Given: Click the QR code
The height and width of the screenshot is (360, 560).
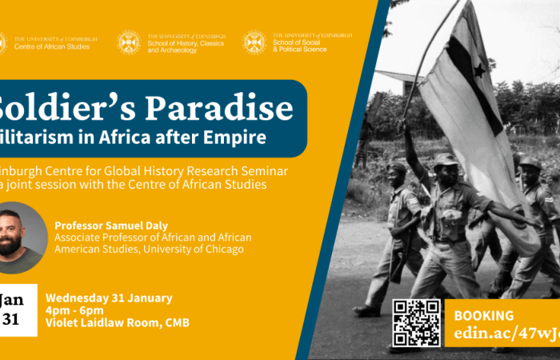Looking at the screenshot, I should point(416,323).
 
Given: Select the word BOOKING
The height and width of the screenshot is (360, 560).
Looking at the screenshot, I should point(484,315).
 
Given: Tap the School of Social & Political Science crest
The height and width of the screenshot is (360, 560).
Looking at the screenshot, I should point(254,42).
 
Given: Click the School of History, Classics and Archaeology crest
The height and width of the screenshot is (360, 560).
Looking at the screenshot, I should point(129,42).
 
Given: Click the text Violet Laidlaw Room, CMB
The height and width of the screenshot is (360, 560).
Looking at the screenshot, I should point(118,323).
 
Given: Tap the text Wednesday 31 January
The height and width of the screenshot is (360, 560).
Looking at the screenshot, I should point(110,298).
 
